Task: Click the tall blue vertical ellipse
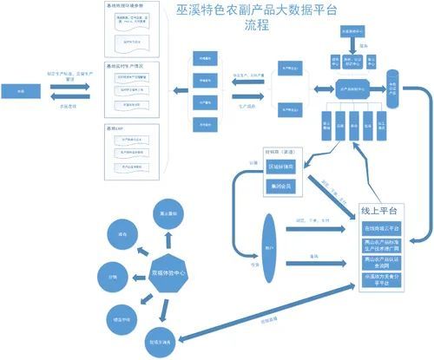269,248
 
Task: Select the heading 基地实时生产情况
130,67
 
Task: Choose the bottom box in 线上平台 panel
385,278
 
